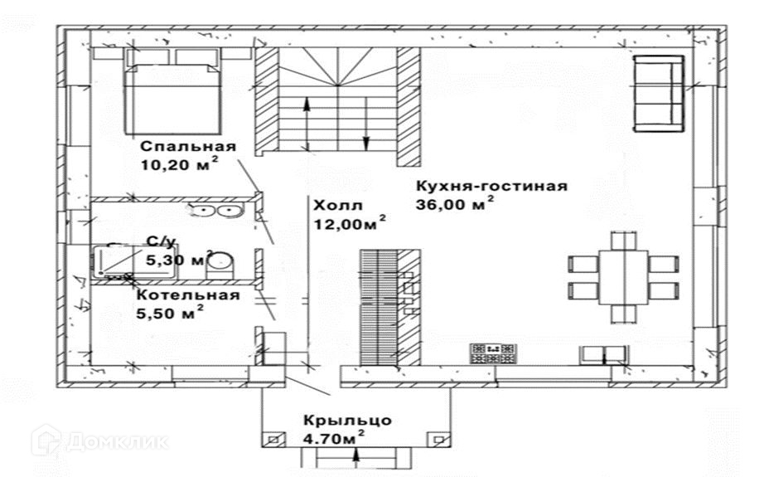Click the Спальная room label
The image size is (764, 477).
point(188,147)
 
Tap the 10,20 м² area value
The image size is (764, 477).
point(180,164)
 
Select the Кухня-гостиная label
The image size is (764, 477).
point(491,185)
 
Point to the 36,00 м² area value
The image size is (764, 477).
point(455,203)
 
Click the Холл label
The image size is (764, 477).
point(332,204)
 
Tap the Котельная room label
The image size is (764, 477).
point(188,294)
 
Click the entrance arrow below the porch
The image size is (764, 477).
point(355,457)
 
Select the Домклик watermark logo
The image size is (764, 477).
point(100,440)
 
